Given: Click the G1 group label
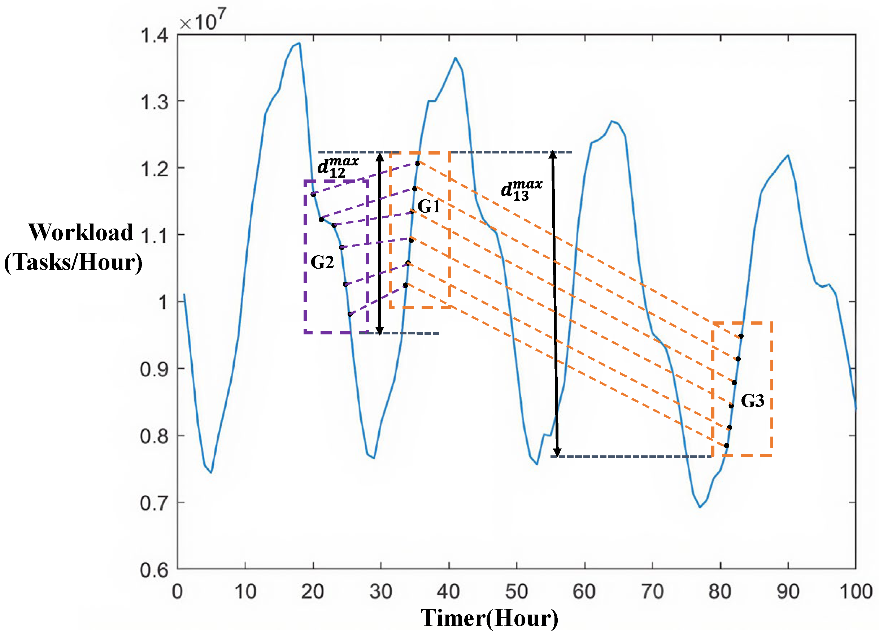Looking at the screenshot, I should click(428, 206).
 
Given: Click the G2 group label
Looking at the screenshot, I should click(322, 263).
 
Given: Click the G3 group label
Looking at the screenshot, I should click(752, 401).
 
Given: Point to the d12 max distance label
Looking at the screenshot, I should click(338, 167).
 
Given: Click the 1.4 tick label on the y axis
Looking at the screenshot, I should click(154, 36).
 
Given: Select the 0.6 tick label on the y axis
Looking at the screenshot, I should click(154, 570).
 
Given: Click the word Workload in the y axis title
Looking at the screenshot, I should click(80, 232).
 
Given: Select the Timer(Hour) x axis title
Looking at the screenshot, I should click(489, 618).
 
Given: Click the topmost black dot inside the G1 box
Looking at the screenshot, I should click(417, 163).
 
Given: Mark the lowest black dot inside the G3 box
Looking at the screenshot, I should click(726, 446).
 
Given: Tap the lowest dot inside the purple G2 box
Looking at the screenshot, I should click(350, 314).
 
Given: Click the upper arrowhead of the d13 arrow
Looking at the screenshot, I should click(553, 155).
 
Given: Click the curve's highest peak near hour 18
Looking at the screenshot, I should click(299, 43).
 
